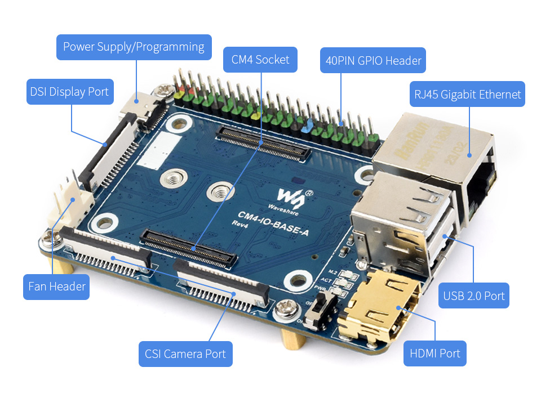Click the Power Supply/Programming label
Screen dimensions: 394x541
click(134, 47)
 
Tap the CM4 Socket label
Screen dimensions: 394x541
click(260, 60)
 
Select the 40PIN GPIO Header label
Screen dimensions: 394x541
click(373, 61)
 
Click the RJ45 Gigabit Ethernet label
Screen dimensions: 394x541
click(467, 95)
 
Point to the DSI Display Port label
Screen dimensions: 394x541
click(70, 92)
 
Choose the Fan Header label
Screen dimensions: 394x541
click(57, 286)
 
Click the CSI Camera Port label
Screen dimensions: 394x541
click(185, 354)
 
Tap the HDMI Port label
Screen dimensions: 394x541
click(434, 353)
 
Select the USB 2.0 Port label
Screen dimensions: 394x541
click(473, 295)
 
